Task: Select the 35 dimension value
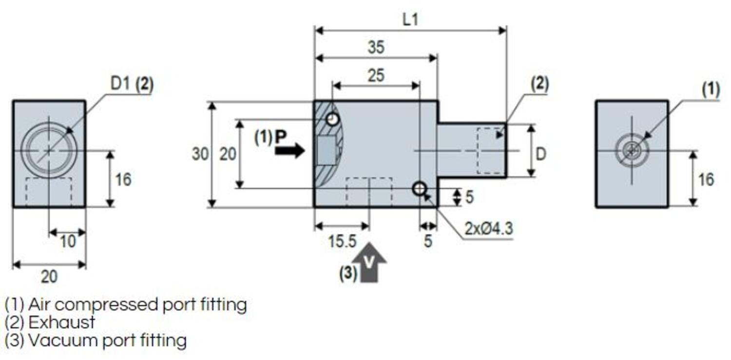tap(376, 47)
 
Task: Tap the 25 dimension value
tap(376, 75)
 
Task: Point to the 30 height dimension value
tap(200, 154)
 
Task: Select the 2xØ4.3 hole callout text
tap(488, 228)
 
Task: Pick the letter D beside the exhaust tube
tap(541, 154)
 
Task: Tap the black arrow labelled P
tap(289, 151)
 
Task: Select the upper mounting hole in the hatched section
tap(333, 119)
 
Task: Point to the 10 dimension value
tap(68, 241)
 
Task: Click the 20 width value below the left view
tap(49, 276)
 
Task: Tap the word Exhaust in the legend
tap(62, 322)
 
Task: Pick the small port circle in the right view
tap(632, 151)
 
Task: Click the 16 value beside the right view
tap(706, 179)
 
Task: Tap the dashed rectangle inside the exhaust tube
tap(491, 151)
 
